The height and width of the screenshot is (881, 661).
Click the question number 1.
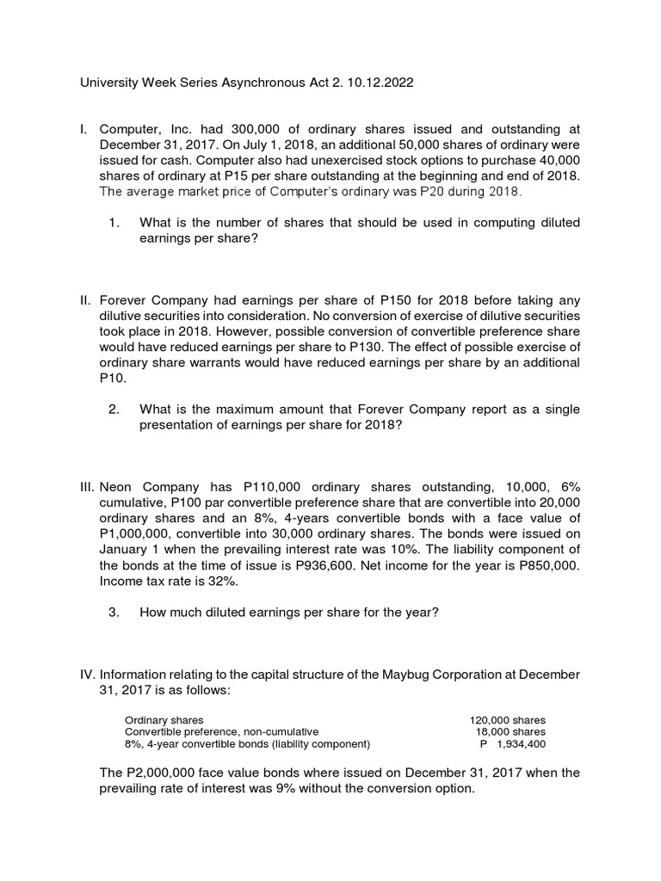coord(114,223)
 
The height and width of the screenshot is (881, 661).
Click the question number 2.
coord(114,409)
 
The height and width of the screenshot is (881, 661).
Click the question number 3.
coord(114,612)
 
